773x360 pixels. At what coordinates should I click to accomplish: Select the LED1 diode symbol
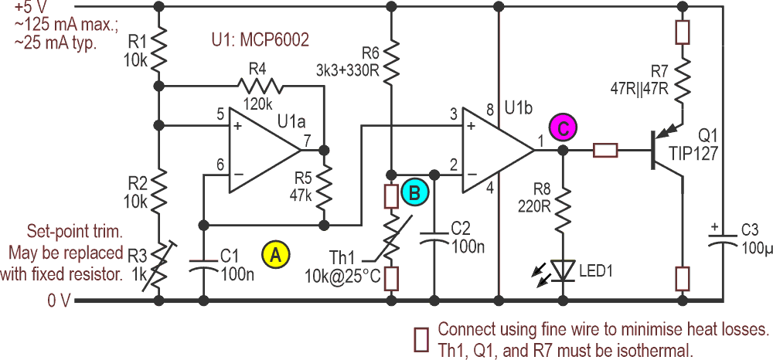click(x=564, y=270)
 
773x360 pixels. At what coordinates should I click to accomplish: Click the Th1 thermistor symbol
click(x=392, y=239)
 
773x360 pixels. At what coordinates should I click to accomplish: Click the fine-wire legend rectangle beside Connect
click(x=421, y=338)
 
